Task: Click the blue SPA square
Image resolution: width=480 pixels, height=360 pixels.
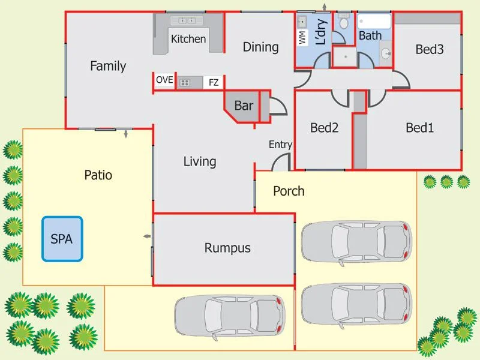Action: [62, 239]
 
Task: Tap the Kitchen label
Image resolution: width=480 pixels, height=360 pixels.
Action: [188, 39]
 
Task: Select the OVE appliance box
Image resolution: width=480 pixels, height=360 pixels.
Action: [164, 80]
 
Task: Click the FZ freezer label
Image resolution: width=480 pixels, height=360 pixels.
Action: [213, 83]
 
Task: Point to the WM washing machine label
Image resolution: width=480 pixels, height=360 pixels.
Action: [301, 37]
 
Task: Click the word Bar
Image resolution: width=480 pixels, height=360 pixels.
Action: [244, 106]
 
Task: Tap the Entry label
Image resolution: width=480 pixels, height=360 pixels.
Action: [280, 145]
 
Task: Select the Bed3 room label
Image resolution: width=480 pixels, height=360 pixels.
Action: [429, 50]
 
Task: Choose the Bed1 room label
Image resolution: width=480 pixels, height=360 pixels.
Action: [419, 128]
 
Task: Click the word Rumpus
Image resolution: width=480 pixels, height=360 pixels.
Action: [227, 248]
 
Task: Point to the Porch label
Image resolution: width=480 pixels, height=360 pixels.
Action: [289, 191]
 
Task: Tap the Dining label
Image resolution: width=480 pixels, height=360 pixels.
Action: [260, 47]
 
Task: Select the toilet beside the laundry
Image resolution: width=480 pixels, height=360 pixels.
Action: [343, 23]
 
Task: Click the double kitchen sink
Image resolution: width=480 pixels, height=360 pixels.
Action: [184, 21]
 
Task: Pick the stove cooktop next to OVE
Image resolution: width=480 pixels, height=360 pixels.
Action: [185, 83]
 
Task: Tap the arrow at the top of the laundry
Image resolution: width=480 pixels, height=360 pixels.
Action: [325, 7]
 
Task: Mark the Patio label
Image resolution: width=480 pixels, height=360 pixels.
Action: [97, 175]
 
